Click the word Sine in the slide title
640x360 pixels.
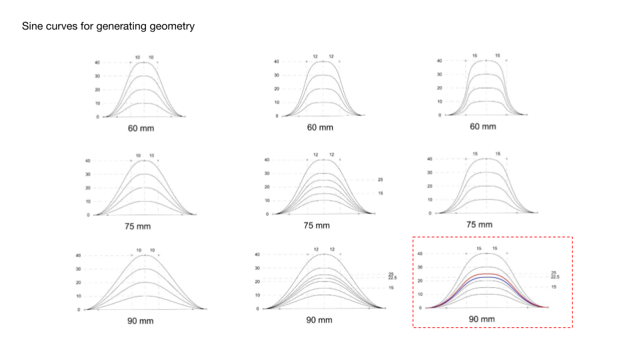pos(33,27)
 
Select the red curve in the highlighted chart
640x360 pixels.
pos(487,273)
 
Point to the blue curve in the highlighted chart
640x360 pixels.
pos(487,277)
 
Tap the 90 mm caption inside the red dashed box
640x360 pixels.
pos(482,320)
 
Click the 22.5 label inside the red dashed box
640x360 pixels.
pos(555,277)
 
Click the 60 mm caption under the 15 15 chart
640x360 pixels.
pos(483,127)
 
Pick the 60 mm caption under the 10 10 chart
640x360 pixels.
pos(141,128)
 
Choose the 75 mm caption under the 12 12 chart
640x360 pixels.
pos(317,225)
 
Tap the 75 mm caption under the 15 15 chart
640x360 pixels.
pos(479,225)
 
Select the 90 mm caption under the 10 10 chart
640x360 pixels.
pos(141,321)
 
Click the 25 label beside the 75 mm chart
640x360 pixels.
pos(381,180)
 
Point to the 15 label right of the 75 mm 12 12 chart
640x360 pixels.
pos(381,193)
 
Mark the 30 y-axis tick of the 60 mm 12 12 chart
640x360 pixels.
pos(276,75)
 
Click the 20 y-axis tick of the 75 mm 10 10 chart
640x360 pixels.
pos(87,188)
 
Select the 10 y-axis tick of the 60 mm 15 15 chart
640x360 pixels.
pos(439,101)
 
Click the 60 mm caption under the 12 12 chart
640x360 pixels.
pos(320,127)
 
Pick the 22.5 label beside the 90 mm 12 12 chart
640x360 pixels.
pos(391,277)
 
